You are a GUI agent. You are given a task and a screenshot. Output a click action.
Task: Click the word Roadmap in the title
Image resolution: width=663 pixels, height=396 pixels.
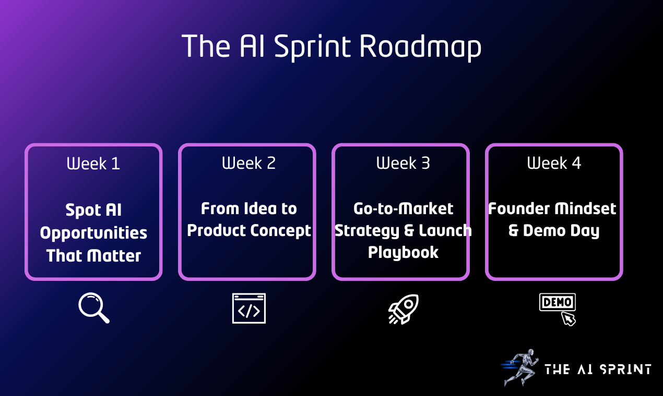[420, 47]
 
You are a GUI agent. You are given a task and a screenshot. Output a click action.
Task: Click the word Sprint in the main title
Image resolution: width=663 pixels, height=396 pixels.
[312, 47]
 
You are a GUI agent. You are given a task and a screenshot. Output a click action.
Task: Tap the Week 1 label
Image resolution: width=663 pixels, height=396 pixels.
[93, 164]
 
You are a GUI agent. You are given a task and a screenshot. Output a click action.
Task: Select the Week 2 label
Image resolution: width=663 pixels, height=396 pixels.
[248, 163]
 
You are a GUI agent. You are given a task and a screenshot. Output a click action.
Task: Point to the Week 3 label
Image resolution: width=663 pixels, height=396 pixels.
[403, 163]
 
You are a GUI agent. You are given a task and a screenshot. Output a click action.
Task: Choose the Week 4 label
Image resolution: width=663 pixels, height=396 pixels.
[554, 163]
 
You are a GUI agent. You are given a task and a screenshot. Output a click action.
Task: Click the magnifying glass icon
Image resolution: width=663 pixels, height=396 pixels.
[94, 308]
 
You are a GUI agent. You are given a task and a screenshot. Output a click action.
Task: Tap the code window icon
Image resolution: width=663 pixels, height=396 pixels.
[248, 308]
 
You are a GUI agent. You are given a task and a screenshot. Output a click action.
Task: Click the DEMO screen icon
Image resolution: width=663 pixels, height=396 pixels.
[557, 303]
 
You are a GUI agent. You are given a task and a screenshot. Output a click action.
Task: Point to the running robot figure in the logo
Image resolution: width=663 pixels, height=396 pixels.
[519, 367]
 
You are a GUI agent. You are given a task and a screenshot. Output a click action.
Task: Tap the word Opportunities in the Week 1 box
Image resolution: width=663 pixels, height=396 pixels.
[93, 233]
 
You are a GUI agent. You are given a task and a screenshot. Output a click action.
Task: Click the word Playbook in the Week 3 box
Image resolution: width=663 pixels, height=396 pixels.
[403, 252]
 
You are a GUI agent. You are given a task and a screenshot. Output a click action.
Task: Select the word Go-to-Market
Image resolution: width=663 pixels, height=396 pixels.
[403, 209]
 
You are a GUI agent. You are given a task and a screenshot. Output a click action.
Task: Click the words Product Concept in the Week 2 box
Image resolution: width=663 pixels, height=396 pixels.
[248, 230]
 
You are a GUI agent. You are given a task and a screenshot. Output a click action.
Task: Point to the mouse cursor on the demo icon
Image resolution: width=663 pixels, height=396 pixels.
[568, 318]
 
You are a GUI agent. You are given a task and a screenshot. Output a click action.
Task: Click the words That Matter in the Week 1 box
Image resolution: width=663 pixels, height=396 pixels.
[93, 256]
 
